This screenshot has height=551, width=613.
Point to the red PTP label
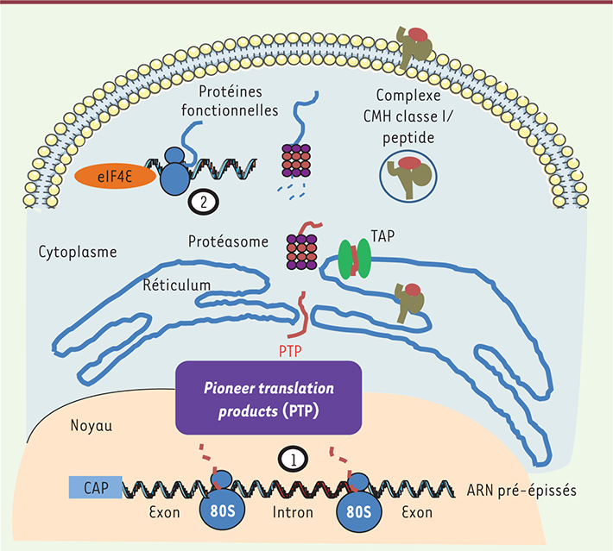tap(292, 351)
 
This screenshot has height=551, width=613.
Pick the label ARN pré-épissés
tap(529, 491)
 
